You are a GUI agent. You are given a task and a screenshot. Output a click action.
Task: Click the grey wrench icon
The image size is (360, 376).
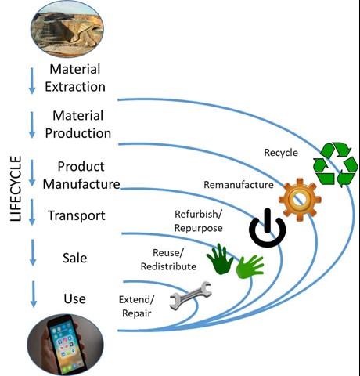(190, 295)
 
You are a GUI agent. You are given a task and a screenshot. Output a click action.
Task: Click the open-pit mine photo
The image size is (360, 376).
(67, 29)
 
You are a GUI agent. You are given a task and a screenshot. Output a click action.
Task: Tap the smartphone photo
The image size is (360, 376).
(66, 345)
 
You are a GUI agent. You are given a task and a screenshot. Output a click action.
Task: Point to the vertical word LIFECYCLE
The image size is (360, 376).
(16, 189)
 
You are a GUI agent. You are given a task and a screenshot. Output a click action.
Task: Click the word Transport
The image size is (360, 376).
(77, 215)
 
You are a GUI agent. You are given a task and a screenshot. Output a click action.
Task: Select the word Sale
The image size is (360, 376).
(74, 258)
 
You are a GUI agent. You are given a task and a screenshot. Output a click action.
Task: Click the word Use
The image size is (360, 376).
(74, 298)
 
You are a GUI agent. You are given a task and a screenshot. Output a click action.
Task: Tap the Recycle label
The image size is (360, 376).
(281, 153)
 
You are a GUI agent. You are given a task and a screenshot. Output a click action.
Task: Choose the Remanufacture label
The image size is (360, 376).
(239, 185)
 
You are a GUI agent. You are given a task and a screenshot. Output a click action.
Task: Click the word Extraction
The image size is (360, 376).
(75, 87)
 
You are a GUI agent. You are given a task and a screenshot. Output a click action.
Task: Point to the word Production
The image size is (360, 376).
(78, 133)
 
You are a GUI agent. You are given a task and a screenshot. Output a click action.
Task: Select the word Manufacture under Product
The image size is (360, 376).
(81, 184)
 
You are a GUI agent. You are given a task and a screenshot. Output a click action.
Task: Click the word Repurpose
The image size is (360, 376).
(199, 228)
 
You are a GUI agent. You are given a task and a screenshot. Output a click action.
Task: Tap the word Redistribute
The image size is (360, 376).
(168, 266)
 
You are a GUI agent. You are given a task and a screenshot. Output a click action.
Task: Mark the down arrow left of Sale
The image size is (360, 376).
(33, 252)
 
